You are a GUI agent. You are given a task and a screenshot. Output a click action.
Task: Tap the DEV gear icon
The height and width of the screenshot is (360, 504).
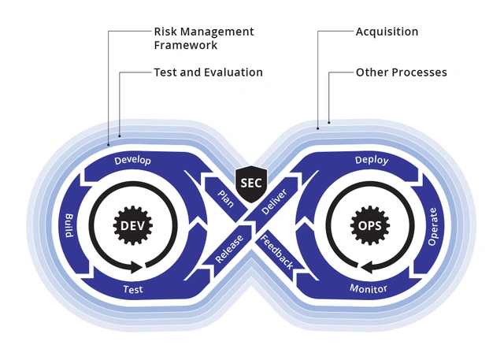pos(131,225)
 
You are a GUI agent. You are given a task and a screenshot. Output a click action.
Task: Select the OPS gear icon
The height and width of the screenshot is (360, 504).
pos(372,225)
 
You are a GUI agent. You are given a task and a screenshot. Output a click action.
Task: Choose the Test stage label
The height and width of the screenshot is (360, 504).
pos(133,290)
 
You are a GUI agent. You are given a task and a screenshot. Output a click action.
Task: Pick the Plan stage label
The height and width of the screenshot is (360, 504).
pos(226,197)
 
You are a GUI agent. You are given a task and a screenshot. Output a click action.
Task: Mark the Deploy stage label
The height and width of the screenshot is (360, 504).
pos(372,160)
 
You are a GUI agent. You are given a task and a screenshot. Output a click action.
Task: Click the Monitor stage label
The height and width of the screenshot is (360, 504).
pos(369,289)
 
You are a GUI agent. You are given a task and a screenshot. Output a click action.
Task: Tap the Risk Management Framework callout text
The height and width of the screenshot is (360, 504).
pos(203,39)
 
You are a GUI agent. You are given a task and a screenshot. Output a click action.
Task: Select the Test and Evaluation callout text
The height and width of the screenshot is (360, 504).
pos(208,72)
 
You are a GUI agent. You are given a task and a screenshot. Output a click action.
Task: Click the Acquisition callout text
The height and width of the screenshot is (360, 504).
pos(387,32)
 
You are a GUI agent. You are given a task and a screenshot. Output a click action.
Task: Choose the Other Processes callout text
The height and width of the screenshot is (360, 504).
pos(401,72)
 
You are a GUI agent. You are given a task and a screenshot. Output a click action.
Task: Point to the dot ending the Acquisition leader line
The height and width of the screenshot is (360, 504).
pos(317,128)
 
